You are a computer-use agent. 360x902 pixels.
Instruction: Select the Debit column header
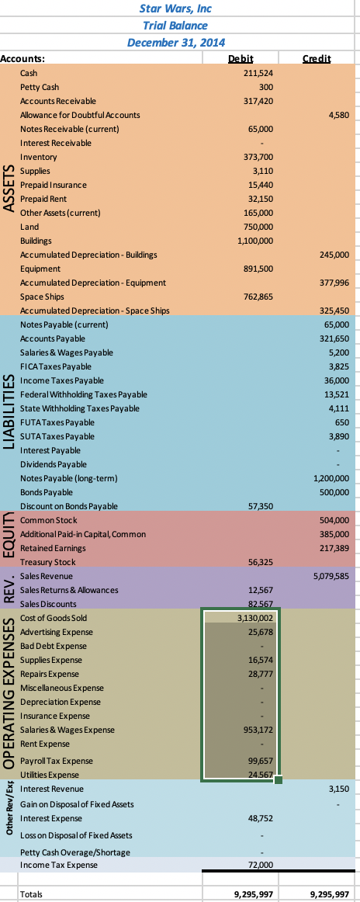click(242, 58)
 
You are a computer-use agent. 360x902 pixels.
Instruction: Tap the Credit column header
click(317, 58)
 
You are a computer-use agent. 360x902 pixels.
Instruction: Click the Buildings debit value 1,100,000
click(254, 241)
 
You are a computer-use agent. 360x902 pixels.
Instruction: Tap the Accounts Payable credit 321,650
click(335, 339)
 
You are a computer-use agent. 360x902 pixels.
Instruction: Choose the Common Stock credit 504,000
click(335, 519)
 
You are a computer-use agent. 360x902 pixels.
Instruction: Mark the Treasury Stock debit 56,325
click(260, 561)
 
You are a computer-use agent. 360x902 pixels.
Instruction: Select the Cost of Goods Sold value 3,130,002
click(254, 618)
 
